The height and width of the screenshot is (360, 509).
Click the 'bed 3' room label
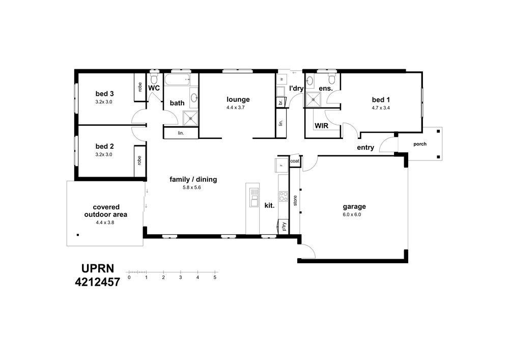[104, 94]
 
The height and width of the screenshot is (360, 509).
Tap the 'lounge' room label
[238, 100]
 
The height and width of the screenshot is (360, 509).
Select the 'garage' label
[354, 206]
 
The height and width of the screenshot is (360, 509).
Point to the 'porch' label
[420, 144]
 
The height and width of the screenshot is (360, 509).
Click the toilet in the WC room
[154, 78]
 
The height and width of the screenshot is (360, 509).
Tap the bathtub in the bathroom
[177, 79]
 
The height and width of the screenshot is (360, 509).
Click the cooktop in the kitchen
[284, 196]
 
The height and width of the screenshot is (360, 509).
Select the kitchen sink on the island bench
[254, 197]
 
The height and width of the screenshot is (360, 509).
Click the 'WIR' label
[321, 126]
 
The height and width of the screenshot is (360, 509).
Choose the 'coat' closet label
[295, 161]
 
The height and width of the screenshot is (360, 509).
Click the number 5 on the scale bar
[215, 278]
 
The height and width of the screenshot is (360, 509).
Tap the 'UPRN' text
[98, 269]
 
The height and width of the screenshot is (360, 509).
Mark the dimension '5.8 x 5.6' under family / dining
[192, 187]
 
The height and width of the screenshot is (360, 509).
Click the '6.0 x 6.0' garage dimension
[352, 214]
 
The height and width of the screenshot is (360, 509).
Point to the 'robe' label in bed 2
[139, 160]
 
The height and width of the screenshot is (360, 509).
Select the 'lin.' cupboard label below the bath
[181, 133]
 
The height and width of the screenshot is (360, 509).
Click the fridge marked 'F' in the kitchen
[281, 165]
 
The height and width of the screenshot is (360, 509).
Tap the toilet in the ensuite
[332, 78]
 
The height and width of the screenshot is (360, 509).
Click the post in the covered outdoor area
[78, 235]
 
